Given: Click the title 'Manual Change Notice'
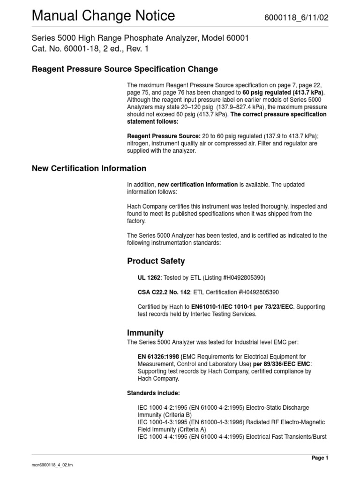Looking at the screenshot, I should (103, 16).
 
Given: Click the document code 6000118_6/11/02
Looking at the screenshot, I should (297, 17).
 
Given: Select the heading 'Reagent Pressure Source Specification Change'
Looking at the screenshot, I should (125, 69).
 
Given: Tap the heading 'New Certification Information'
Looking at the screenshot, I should (89, 168).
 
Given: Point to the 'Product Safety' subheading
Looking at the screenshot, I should (156, 261).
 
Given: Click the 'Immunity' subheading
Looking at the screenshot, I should (145, 332).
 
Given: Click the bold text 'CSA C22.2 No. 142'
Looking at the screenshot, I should (164, 292).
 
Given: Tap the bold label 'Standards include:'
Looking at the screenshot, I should (153, 393).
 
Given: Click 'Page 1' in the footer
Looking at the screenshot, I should (320, 458).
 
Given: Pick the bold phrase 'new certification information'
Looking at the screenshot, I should (197, 185).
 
